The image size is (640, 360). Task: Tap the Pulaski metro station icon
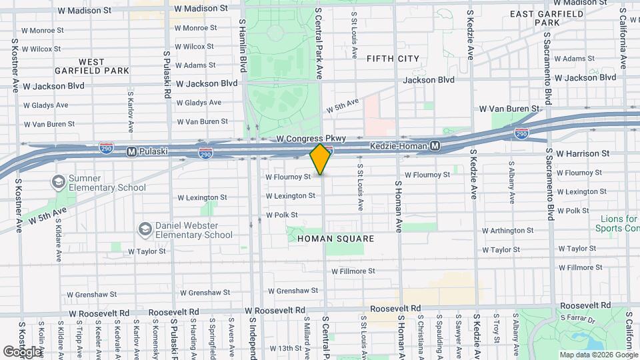coord(131,151)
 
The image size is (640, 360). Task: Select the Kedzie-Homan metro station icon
coord(435,145)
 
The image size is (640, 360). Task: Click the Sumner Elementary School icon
coord(58,181)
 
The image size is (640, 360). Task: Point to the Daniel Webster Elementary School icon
coord(145,229)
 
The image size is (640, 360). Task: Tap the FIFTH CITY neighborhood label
coord(393,59)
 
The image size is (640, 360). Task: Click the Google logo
coord(22,351)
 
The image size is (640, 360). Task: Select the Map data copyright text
coord(598,355)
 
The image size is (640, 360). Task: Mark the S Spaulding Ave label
coord(440,337)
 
